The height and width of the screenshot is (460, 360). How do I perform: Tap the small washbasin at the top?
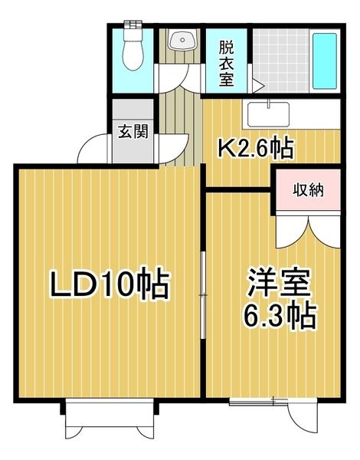tap(182, 41)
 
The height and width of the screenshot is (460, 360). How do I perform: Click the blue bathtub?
tap(326, 61)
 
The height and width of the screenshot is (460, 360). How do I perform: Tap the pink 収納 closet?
tap(307, 189)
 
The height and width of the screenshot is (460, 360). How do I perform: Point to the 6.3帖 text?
tap(281, 314)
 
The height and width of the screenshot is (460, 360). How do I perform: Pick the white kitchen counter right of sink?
tap(314, 115)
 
